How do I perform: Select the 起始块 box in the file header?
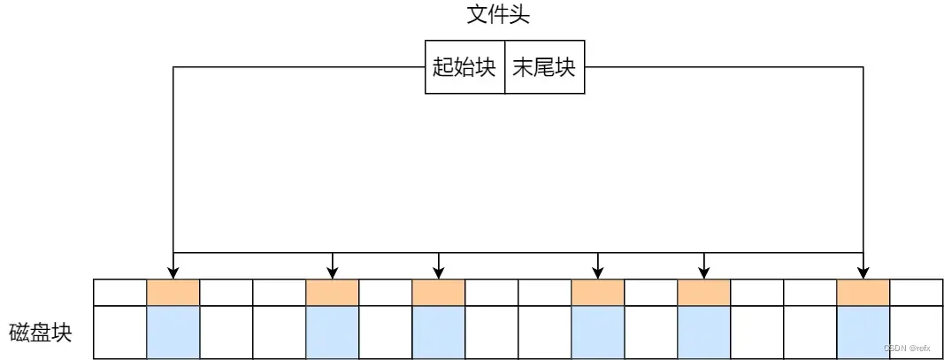(464, 67)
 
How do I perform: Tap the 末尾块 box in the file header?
(544, 67)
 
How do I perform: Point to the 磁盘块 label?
(40, 333)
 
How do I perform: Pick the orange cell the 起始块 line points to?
(173, 293)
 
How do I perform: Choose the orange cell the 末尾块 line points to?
(863, 293)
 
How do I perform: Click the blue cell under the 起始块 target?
(173, 332)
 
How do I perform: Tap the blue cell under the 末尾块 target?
(863, 332)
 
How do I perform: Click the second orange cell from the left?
(332, 293)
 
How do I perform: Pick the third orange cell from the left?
(438, 293)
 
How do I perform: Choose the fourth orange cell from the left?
(597, 293)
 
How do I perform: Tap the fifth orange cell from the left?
(703, 293)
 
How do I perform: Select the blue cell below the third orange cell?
(438, 332)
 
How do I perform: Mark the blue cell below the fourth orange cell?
(597, 332)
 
